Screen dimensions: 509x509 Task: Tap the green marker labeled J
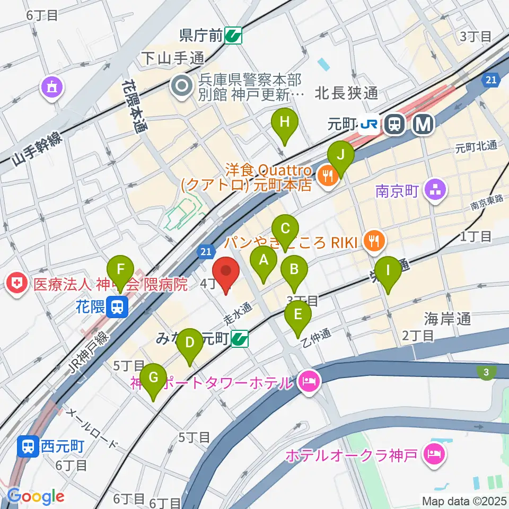pyautogui.click(x=340, y=156)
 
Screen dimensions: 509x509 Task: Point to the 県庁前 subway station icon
pyautogui.click(x=233, y=36)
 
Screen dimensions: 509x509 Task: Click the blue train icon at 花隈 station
pyautogui.click(x=116, y=306)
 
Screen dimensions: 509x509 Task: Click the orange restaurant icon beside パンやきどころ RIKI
pyautogui.click(x=374, y=241)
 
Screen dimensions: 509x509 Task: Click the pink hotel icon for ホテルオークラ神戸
pyautogui.click(x=436, y=454)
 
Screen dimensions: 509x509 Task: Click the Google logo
pyautogui.click(x=36, y=497)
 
